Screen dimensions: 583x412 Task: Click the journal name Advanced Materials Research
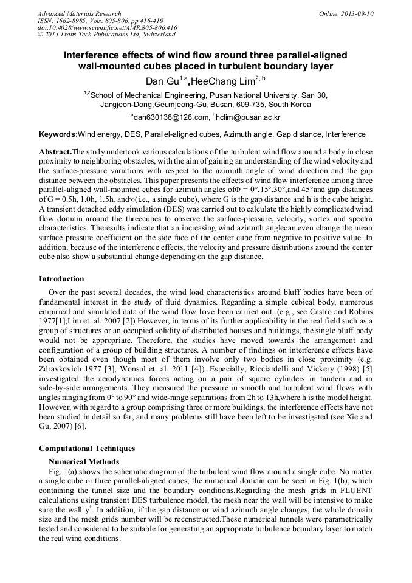coord(79,13)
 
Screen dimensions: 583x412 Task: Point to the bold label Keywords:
coord(58,134)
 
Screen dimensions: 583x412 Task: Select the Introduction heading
coord(61,279)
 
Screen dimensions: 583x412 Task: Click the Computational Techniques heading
coord(87,449)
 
